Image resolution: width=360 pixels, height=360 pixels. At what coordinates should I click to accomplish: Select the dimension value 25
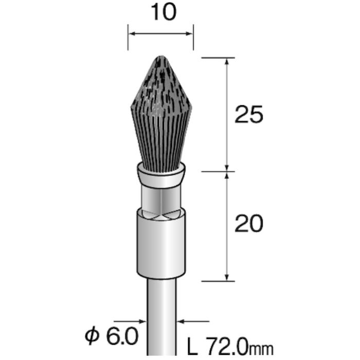248,115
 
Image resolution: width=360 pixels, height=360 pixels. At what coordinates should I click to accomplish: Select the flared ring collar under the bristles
161,175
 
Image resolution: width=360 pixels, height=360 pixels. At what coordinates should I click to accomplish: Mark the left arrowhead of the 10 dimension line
131,34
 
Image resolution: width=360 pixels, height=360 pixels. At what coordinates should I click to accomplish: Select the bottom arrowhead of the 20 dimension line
227,277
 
